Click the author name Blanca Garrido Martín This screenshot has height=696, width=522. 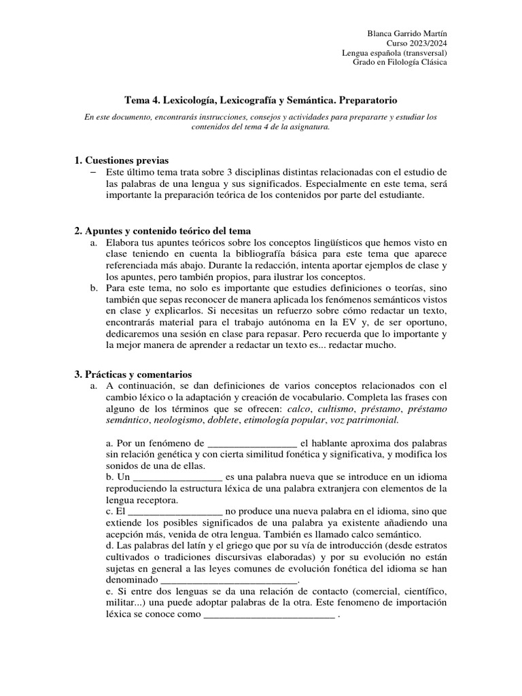click(x=407, y=33)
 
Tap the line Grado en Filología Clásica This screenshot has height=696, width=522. click(x=400, y=62)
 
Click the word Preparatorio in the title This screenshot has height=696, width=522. click(x=367, y=99)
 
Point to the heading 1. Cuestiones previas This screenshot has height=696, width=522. click(x=121, y=160)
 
